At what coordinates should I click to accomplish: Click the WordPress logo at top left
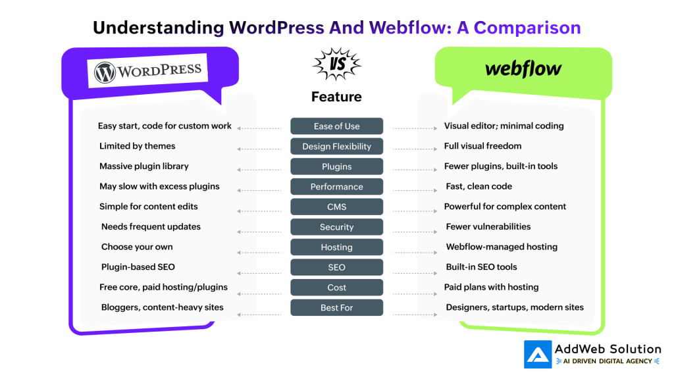(148, 71)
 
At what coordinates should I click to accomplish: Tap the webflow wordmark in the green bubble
(523, 68)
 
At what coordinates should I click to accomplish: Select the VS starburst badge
(336, 64)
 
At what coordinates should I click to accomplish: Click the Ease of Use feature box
(336, 126)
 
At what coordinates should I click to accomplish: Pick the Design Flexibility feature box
(336, 147)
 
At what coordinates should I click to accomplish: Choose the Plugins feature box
(336, 166)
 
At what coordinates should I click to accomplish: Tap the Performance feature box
(336, 187)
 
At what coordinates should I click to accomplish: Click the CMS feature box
(336, 207)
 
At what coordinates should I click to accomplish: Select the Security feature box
(336, 227)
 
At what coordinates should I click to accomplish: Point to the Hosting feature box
(336, 247)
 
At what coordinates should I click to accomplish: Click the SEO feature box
(336, 267)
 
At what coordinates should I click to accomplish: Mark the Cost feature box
(336, 288)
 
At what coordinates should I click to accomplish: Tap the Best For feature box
(336, 308)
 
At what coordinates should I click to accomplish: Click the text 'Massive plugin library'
(144, 166)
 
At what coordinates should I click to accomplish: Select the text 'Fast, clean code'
(479, 186)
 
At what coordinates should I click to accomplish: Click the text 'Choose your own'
(137, 247)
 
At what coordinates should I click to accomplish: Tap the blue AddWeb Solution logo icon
(538, 355)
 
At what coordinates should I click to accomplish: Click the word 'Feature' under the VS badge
(336, 97)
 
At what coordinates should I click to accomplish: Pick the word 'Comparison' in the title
(527, 28)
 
